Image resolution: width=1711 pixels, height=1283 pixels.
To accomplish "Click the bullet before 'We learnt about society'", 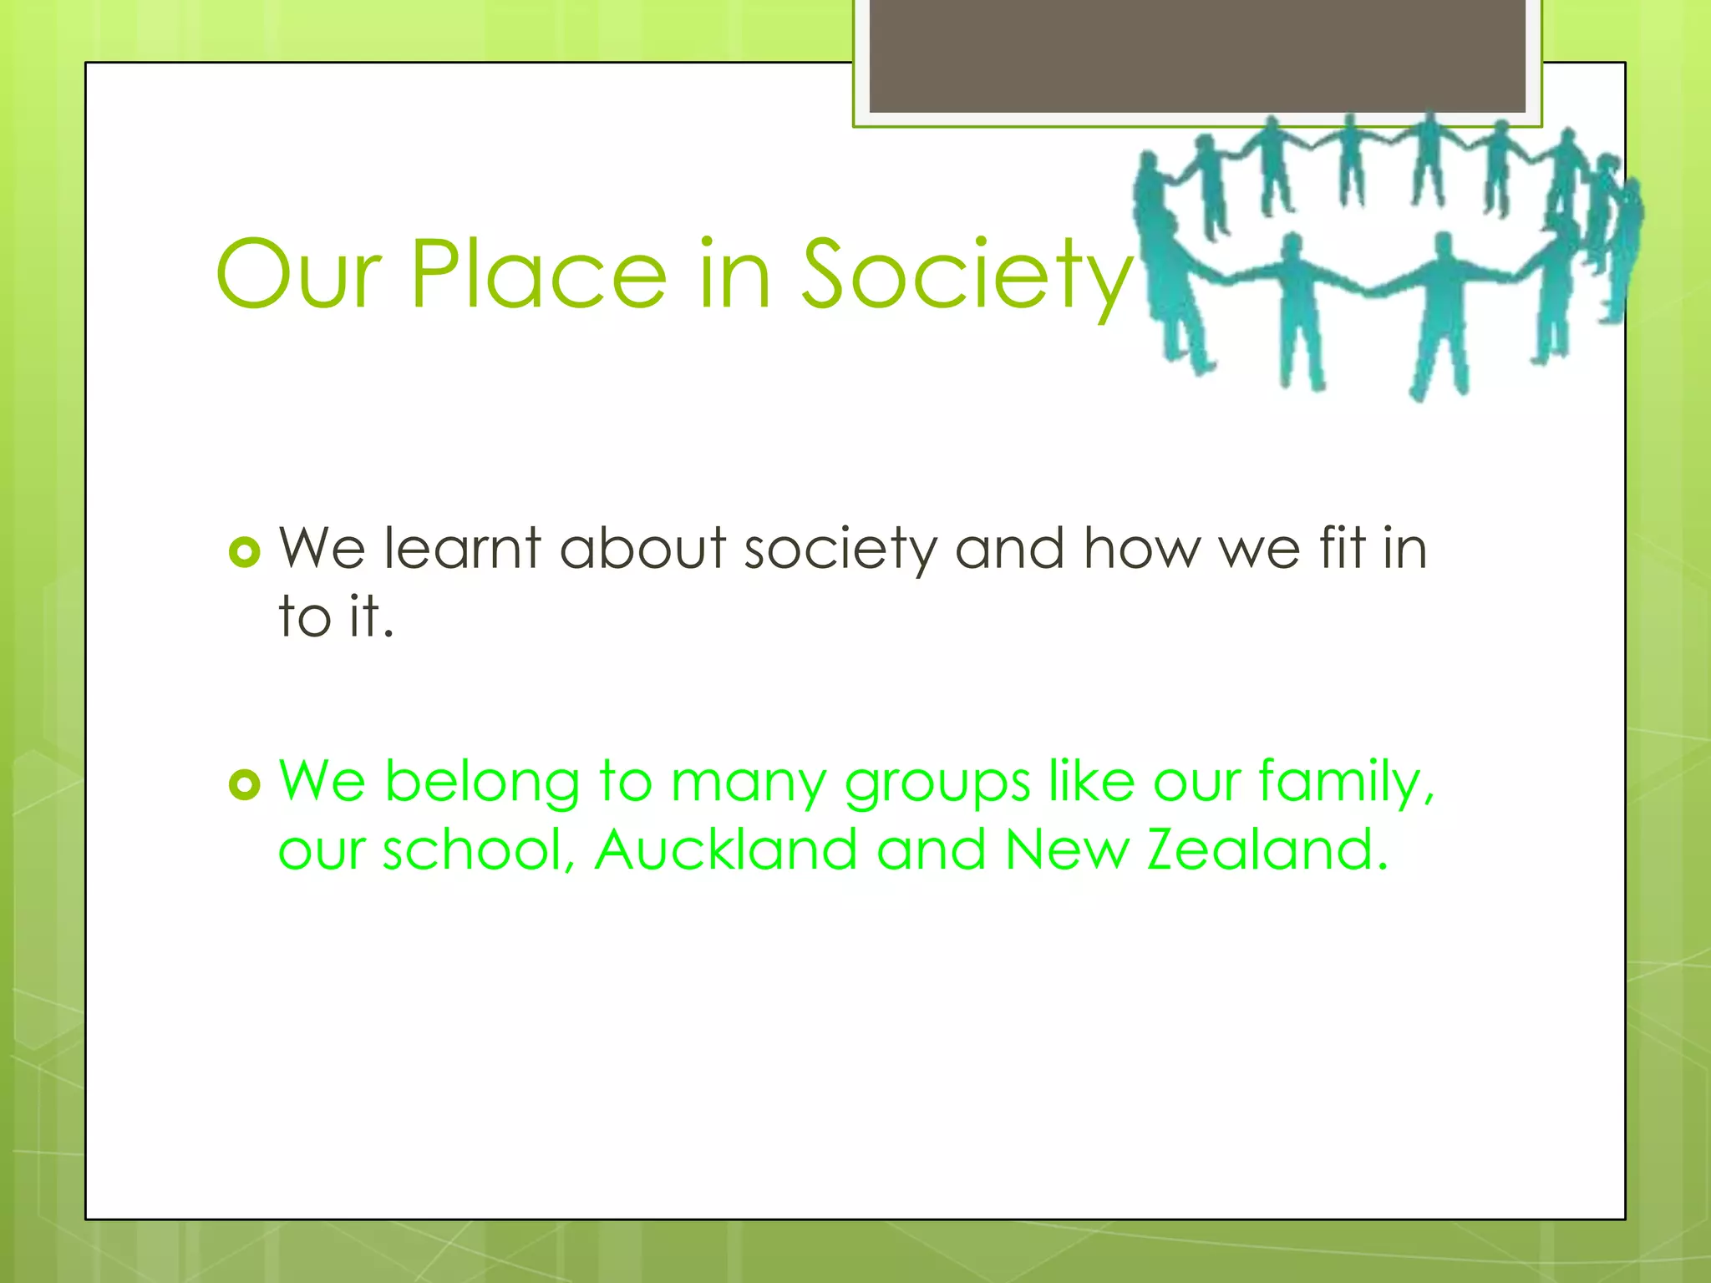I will pyautogui.click(x=245, y=552).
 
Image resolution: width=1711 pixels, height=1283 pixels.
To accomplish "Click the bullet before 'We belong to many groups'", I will pyautogui.click(x=245, y=784).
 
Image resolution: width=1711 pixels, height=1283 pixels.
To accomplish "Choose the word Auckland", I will pyautogui.click(x=726, y=849).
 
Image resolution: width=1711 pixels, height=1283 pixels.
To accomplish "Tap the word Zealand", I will pyautogui.click(x=1267, y=849).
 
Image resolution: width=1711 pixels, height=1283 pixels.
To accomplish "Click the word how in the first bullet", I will pyautogui.click(x=1141, y=549).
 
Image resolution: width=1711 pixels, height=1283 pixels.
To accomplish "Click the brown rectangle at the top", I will pyautogui.click(x=1197, y=55).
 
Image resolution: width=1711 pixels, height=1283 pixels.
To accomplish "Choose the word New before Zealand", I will pyautogui.click(x=1066, y=849).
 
